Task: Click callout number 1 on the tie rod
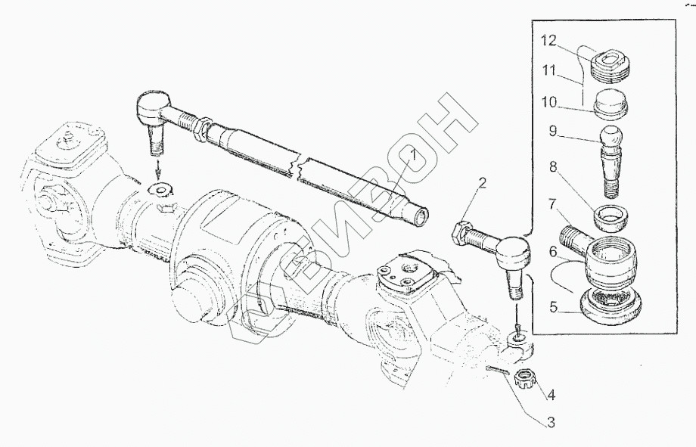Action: point(412,156)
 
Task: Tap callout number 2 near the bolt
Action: point(482,183)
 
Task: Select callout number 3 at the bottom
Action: point(551,422)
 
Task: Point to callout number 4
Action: point(551,395)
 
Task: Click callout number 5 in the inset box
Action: point(552,307)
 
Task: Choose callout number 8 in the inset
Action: point(552,167)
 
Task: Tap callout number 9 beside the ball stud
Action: point(552,132)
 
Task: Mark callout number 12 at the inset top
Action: point(548,41)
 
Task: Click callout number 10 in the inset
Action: point(548,103)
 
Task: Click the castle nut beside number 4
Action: point(525,380)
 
